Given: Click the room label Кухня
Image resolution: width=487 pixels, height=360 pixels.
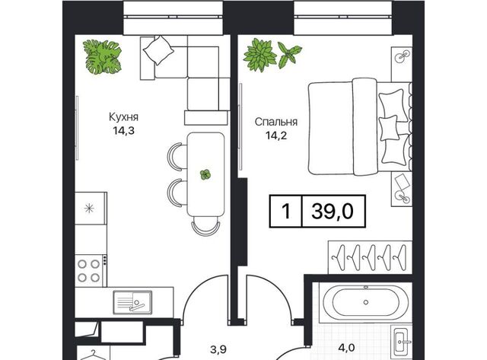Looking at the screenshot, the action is [123, 117].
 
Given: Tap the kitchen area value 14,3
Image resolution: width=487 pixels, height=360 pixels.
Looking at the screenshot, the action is [123, 131].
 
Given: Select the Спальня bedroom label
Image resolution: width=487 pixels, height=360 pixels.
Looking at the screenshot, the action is [275, 122].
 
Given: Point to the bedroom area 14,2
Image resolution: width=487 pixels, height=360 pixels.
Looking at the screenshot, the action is [275, 135].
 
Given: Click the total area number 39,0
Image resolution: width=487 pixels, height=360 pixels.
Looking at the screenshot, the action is [333, 212].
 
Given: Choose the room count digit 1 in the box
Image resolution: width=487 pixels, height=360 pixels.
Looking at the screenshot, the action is [286, 212].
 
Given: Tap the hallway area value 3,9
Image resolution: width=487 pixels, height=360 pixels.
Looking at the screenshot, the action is [218, 350].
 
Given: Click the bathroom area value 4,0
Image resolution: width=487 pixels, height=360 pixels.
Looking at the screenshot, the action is [347, 348].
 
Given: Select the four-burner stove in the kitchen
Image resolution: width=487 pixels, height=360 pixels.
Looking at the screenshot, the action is [89, 270].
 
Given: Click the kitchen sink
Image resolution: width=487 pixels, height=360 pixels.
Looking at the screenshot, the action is [132, 302].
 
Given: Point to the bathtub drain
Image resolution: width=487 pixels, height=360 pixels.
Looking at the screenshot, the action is [366, 302].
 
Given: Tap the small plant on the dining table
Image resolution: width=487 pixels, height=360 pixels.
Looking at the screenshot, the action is [205, 174].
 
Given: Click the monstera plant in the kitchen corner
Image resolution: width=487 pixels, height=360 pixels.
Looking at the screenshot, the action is [102, 58].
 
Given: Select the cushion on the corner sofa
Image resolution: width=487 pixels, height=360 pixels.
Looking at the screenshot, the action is [158, 49].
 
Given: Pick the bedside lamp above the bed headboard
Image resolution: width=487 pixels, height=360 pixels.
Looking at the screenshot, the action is [401, 56].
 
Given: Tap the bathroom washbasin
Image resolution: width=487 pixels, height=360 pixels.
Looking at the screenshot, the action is [401, 340].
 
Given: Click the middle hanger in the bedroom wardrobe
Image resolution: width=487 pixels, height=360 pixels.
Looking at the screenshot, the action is [370, 257].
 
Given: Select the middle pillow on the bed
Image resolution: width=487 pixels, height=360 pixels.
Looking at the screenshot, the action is [389, 128].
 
